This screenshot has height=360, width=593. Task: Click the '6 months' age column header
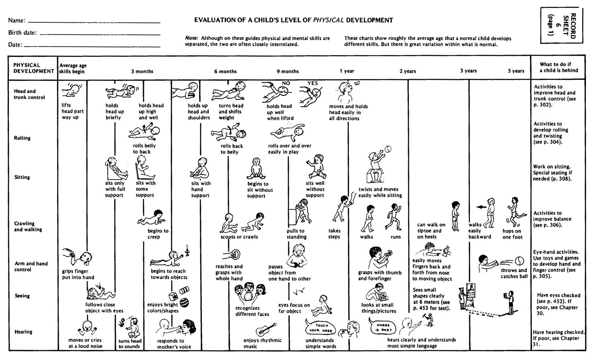(x=225, y=72)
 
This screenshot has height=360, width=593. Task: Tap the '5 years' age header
(x=516, y=71)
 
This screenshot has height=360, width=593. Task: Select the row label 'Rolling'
(x=22, y=138)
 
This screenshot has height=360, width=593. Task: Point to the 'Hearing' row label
(x=23, y=332)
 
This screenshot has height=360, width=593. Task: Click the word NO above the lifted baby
(x=286, y=83)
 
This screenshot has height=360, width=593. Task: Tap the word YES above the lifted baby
(x=312, y=83)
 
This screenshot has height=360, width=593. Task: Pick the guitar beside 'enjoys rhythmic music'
(x=265, y=329)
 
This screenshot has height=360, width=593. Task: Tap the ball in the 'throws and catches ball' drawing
(x=521, y=261)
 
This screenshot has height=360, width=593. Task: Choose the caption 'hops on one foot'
(x=512, y=234)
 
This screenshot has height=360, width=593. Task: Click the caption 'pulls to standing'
(x=297, y=234)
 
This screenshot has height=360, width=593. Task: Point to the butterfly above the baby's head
(x=356, y=83)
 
